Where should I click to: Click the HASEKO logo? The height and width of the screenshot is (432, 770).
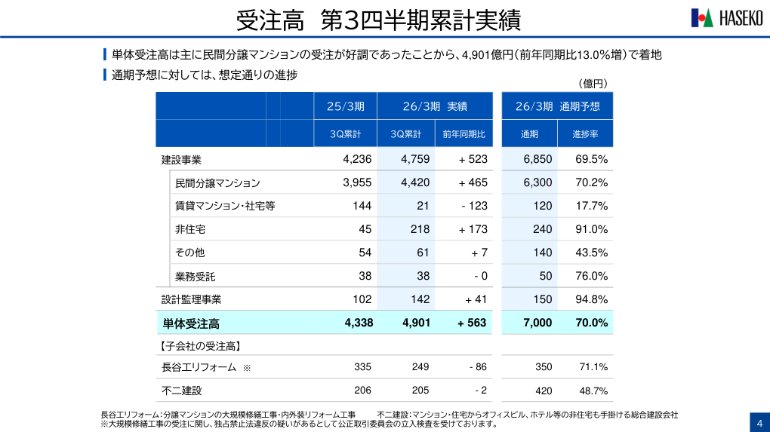726,18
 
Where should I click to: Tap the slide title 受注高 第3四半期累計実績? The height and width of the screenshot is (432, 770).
378,20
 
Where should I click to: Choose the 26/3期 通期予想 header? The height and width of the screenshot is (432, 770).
557,106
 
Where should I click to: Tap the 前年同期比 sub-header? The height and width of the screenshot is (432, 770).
464,134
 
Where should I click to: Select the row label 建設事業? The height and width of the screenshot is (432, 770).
181,160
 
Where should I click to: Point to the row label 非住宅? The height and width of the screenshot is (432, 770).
190,229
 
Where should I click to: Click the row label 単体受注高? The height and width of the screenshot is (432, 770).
191,323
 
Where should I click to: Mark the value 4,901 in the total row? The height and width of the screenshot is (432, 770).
416,323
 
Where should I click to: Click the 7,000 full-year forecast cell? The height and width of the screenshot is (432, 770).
537,323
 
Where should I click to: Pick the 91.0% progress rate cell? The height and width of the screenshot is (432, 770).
591,229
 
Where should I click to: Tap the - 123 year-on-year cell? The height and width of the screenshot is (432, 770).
474,206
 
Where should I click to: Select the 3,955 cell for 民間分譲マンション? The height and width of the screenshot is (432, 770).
357,182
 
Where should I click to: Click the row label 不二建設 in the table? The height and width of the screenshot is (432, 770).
182,391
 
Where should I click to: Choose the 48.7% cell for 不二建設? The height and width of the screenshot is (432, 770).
593,391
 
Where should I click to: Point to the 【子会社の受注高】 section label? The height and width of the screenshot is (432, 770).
200,346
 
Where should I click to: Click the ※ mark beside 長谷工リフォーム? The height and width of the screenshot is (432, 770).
246,368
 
